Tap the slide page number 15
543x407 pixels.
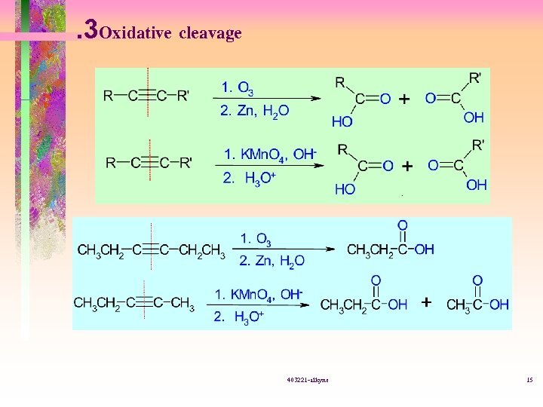pos(529,381)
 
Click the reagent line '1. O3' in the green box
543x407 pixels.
pos(238,87)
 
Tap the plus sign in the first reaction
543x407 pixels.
pos(404,99)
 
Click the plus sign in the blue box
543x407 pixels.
pos(427,302)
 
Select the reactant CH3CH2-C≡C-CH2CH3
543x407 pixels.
pos(151,250)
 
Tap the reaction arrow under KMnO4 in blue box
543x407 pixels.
pos(260,304)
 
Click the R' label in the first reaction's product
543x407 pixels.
pos(475,78)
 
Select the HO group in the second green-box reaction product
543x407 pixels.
pos(345,188)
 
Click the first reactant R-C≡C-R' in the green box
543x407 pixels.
pos(147,96)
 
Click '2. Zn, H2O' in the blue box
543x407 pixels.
pos(271,262)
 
